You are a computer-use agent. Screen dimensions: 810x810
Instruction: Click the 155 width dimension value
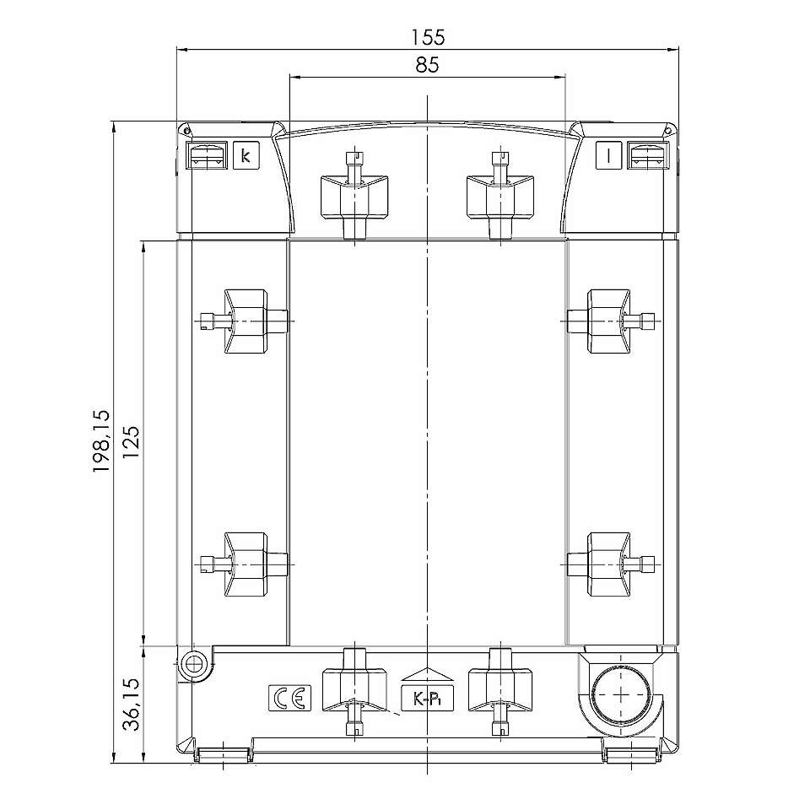click(428, 37)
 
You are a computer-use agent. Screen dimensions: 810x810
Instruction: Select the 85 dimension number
click(427, 65)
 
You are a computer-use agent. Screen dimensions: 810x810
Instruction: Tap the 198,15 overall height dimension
click(102, 441)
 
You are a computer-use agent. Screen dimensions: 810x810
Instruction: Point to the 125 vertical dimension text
click(131, 442)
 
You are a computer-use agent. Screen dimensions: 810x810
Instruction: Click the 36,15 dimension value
click(131, 704)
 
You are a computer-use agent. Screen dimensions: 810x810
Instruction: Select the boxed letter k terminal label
click(246, 155)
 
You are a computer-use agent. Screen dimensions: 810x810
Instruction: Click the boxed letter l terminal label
click(608, 155)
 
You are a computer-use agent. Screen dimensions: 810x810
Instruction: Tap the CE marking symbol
click(289, 699)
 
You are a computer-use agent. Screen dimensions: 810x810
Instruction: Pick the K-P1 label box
click(428, 699)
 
